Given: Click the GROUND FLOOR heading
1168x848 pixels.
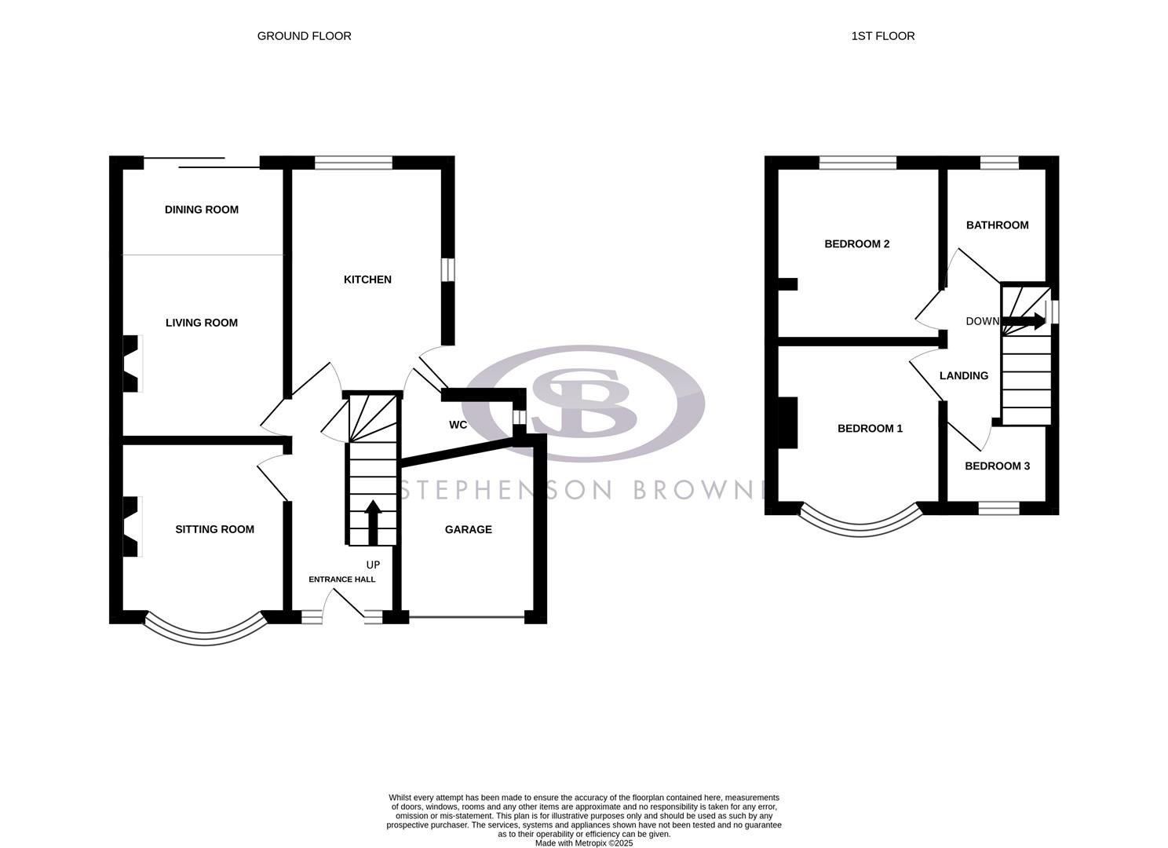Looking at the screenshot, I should pos(304,36).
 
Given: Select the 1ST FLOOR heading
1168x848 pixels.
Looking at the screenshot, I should pos(882,36).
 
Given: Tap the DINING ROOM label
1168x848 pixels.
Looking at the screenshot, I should pos(201,210).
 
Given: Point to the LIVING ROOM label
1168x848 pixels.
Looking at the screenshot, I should pos(201,323).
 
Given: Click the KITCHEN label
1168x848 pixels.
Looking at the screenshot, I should pos(367,280).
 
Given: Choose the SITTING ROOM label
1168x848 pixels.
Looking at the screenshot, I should pos(214,529).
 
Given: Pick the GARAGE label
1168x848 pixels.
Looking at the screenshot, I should pos(468,530).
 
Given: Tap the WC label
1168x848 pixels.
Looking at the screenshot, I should pos(458,425).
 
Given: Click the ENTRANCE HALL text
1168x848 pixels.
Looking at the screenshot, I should pos(341,579).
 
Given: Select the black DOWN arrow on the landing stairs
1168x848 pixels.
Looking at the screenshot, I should pos(1024,320).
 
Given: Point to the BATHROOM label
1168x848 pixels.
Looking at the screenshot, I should pos(997,225).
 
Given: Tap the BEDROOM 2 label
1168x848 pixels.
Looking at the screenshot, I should pos(856,244).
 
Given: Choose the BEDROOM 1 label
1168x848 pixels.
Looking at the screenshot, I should pos(870,429).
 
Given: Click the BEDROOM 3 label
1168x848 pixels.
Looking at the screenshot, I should pos(997,466).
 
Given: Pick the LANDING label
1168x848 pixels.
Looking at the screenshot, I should pos(963,376).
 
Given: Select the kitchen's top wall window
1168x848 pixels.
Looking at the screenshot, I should pos(353,163).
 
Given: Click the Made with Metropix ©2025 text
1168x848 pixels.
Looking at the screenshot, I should pos(583,843).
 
